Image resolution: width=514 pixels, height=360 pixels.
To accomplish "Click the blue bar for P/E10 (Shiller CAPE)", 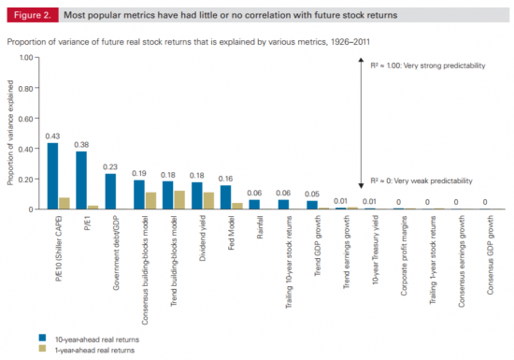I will (x=52, y=176).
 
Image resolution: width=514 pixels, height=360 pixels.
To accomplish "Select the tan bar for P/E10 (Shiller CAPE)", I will (x=64, y=203).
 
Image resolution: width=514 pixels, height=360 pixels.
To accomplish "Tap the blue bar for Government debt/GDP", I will (x=110, y=192).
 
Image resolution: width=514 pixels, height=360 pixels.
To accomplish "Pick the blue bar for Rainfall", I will (x=254, y=204).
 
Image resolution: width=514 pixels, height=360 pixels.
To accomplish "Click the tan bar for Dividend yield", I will (x=208, y=200).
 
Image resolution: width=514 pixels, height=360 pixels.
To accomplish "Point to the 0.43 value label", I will (x=53, y=136).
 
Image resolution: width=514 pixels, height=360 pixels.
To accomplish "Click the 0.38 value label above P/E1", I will (x=82, y=144).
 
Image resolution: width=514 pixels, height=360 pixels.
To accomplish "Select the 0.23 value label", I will (x=110, y=166).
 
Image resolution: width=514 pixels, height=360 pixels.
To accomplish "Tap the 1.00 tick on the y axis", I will (x=25, y=57).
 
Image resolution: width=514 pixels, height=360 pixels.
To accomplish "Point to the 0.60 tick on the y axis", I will (x=25, y=118).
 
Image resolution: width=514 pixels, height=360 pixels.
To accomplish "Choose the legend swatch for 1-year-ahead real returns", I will (x=44, y=348).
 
